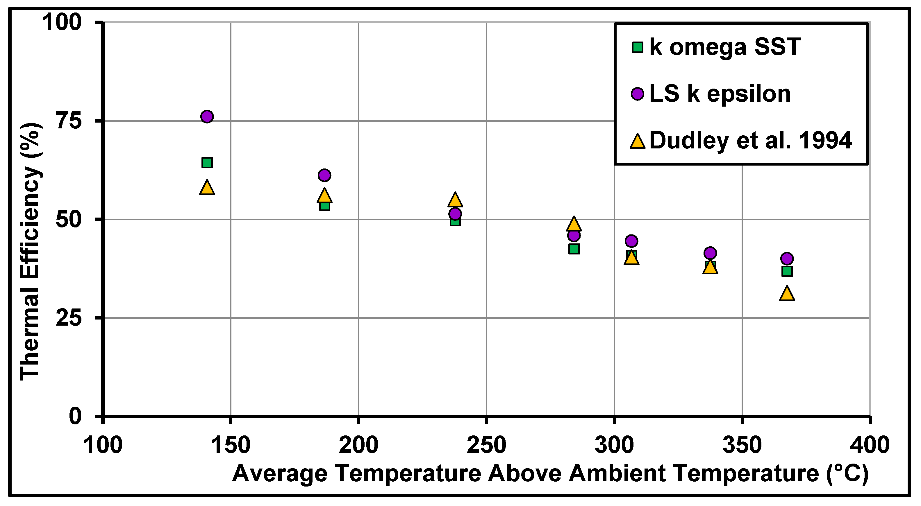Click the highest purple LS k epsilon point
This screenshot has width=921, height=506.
[x=207, y=116]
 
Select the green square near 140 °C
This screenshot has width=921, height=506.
[x=207, y=163]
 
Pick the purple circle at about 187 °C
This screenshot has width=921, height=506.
[x=324, y=175]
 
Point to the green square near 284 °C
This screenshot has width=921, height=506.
[x=574, y=249]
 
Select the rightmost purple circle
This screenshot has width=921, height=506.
[x=787, y=258]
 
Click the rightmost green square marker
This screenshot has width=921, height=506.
[x=787, y=271]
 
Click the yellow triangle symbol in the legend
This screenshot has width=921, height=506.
[x=638, y=141]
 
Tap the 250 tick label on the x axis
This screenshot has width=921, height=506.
[x=486, y=445]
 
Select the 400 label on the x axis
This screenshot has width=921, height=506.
[x=870, y=445]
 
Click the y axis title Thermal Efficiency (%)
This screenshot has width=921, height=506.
[x=31, y=252]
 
